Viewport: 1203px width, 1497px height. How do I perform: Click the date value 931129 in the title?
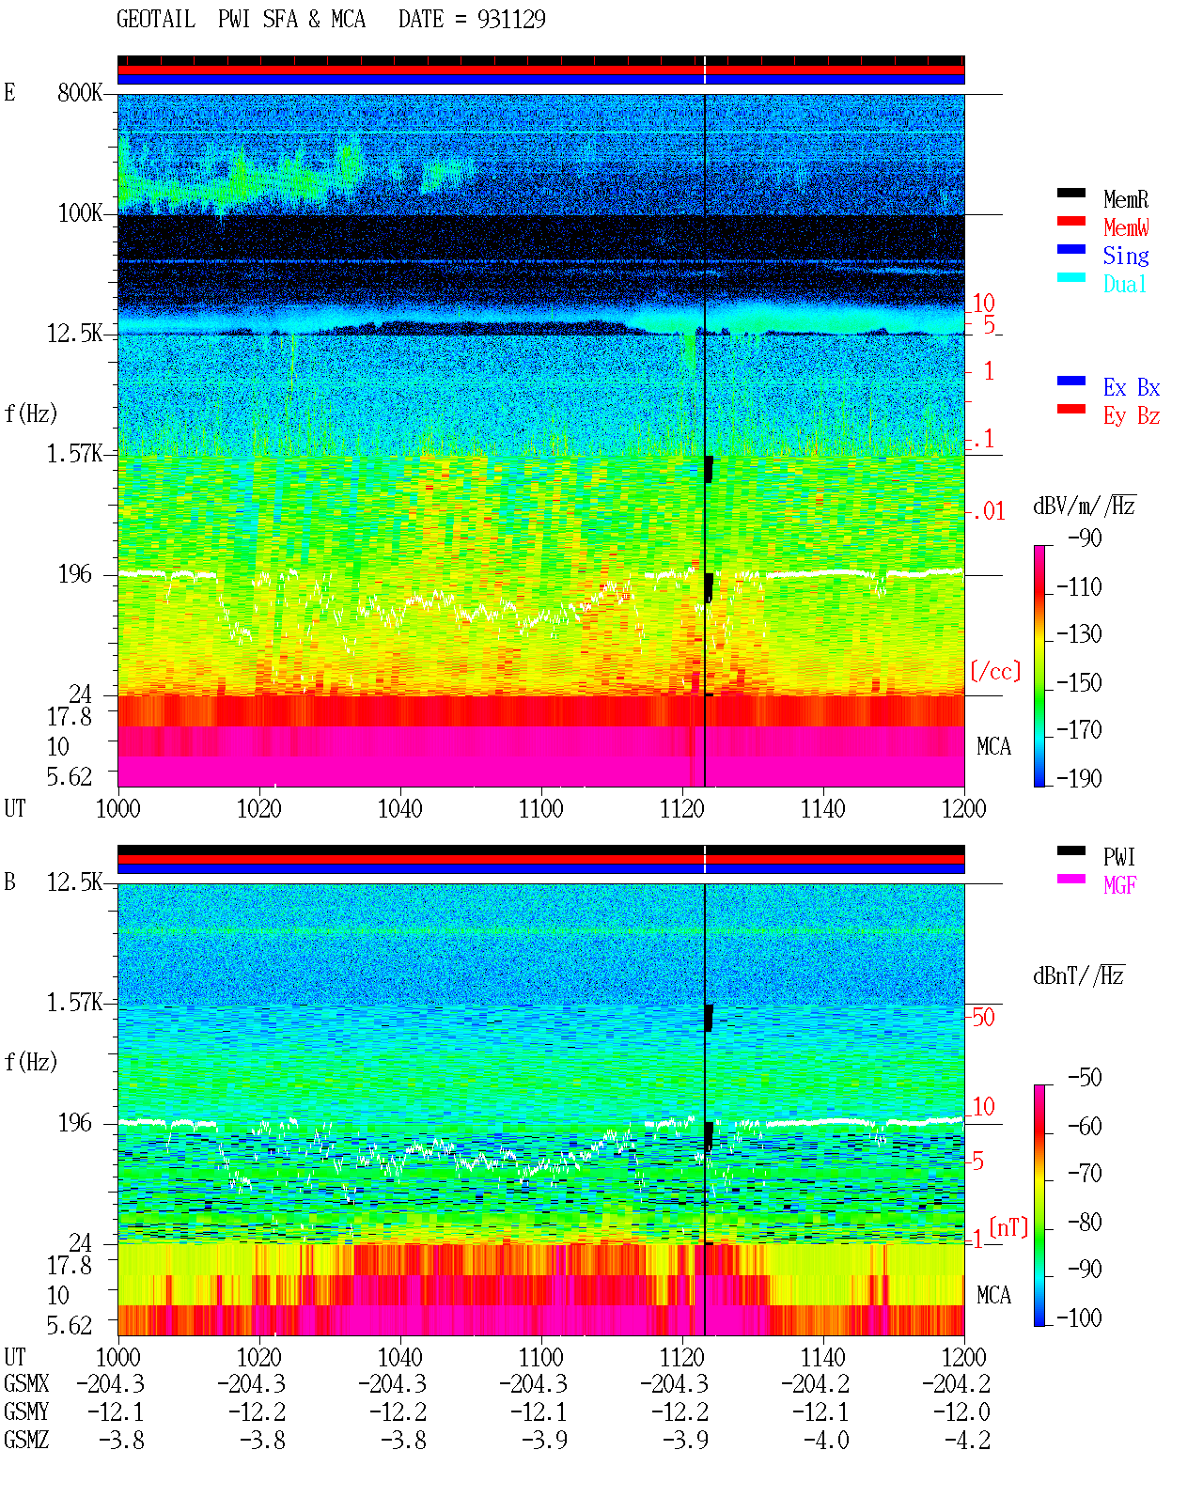click(511, 20)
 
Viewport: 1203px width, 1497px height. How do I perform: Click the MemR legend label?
click(1126, 199)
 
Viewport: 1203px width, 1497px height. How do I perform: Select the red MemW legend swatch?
click(1070, 221)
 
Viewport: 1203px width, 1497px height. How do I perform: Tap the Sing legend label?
click(1126, 256)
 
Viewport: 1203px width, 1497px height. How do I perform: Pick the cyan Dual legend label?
click(1125, 284)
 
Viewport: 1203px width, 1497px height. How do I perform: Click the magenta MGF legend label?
click(1119, 885)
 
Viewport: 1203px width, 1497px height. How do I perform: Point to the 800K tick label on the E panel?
click(80, 92)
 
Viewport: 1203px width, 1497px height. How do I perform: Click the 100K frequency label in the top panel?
click(80, 213)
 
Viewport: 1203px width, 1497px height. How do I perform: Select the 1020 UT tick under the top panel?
click(258, 808)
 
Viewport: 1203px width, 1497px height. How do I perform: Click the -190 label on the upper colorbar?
click(1079, 778)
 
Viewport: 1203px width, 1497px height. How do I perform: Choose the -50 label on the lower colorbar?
click(1085, 1078)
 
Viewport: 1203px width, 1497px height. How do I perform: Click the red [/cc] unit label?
click(995, 671)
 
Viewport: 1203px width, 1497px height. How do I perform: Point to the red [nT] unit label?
click(1008, 1227)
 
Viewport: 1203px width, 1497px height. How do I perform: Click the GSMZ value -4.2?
click(967, 1440)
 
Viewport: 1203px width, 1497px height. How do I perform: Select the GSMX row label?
click(26, 1383)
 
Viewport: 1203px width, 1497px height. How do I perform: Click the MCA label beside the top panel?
click(993, 746)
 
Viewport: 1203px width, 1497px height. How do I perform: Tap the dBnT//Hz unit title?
click(1079, 975)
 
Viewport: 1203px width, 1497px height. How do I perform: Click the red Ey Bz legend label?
click(1132, 415)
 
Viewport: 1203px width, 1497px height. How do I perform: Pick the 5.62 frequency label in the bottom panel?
click(69, 1325)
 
